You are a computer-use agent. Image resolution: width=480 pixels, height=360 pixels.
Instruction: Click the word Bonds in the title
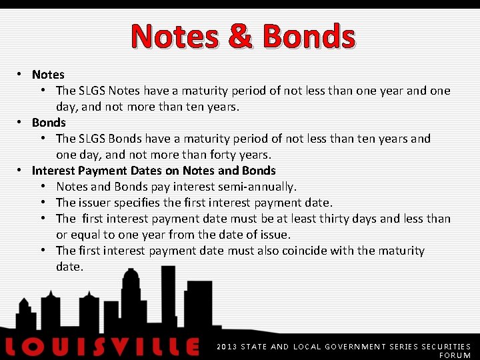click(309, 37)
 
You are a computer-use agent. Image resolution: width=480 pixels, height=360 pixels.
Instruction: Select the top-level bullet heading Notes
click(48, 75)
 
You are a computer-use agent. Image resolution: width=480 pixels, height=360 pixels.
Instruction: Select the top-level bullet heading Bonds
click(49, 123)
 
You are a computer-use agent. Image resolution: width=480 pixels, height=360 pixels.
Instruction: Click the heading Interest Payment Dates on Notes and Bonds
click(153, 171)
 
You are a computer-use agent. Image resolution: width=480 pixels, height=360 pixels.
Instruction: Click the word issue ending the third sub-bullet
click(275, 235)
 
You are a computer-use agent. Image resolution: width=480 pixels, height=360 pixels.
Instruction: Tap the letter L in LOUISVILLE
click(14, 347)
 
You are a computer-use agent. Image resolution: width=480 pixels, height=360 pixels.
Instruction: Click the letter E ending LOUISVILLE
click(191, 347)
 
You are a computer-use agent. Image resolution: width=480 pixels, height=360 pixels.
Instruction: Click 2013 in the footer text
click(227, 347)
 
